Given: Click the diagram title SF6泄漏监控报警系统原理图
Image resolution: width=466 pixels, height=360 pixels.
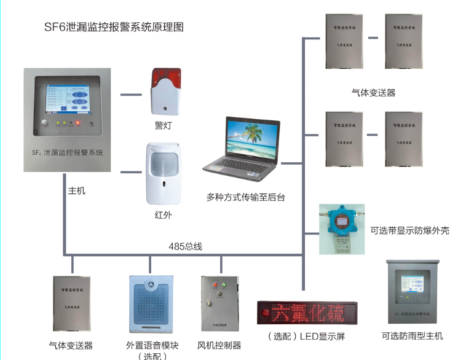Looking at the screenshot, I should [114, 27].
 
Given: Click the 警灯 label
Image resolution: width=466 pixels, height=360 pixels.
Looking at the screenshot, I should [163, 125].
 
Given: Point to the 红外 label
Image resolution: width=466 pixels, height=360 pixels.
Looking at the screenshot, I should [163, 215].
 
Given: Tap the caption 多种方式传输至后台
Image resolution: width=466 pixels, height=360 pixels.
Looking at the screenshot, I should [246, 198].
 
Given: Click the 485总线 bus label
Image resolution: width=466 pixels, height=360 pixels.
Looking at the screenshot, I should [185, 246].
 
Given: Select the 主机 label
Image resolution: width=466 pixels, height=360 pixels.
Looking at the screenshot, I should [77, 191].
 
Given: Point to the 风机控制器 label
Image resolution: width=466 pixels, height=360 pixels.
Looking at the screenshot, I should [219, 345].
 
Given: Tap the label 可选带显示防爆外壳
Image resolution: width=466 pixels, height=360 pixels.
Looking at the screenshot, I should [410, 231].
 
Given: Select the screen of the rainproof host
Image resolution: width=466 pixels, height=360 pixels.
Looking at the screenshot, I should [411, 286].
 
